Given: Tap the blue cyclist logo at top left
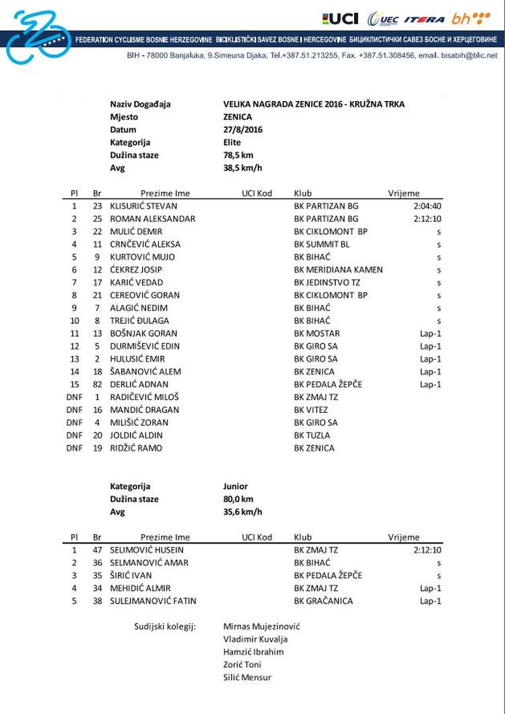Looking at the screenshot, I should (38, 38).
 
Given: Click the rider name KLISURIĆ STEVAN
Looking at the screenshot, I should (144, 206).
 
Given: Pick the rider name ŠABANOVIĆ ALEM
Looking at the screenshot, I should (145, 372).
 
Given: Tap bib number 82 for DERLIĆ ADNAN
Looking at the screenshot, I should (97, 385).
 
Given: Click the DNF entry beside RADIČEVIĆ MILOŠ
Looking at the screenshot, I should (74, 397).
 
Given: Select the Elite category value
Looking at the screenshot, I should (232, 142).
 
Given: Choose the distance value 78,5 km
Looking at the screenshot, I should (238, 155).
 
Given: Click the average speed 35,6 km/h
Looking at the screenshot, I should (242, 512).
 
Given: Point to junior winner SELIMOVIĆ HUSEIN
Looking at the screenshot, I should (147, 550).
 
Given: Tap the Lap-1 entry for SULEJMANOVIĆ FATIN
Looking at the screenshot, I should (430, 602).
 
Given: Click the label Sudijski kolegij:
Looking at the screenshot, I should (165, 627).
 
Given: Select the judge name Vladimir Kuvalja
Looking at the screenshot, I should (257, 639).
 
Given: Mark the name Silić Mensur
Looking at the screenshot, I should (247, 678).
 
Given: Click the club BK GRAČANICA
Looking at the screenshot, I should (323, 602).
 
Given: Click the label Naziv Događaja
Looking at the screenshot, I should (140, 104).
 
